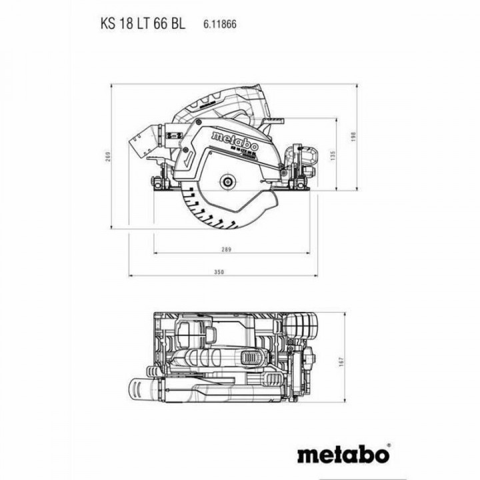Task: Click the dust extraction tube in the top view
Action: coord(143,389)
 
